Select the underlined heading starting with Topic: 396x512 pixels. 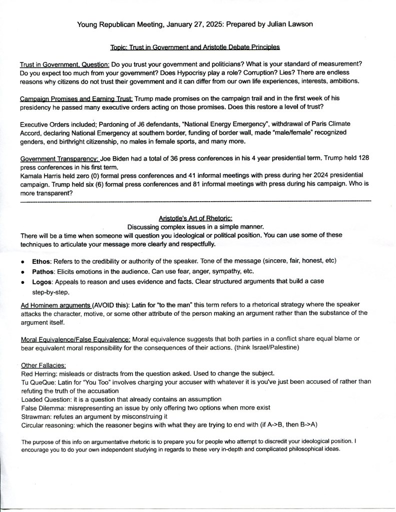click(195, 47)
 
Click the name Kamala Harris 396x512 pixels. click(41, 176)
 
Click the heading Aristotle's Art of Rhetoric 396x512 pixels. click(196, 218)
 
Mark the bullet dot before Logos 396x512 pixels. click(24, 282)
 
